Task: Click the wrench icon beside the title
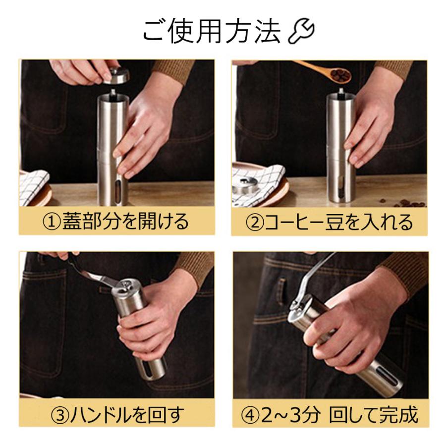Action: click(301, 31)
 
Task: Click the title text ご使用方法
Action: click(212, 31)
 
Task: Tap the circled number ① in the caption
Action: click(52, 222)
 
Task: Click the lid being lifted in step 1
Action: click(116, 75)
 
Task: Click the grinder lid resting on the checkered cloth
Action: click(245, 186)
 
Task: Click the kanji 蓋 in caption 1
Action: click(72, 222)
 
